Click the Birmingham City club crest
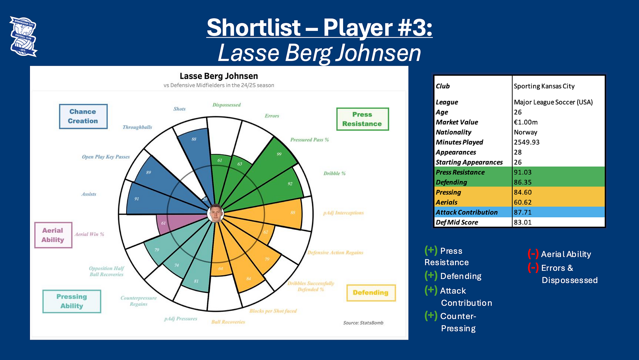(x=23, y=37)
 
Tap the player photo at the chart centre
(x=215, y=213)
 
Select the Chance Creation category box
(x=83, y=116)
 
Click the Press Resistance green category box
(x=362, y=119)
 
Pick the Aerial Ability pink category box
(x=53, y=235)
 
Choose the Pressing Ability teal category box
(x=72, y=301)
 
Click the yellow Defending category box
(x=371, y=293)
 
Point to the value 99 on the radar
(x=279, y=154)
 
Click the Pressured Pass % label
(x=310, y=140)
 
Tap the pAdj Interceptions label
(x=343, y=213)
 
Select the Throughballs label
(x=137, y=127)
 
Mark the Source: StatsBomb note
(x=363, y=323)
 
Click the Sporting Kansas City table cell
(x=544, y=86)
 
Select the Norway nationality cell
(x=526, y=132)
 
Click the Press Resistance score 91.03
(x=523, y=172)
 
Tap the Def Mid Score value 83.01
(x=523, y=222)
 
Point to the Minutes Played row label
(x=459, y=142)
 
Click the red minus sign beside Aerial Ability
(x=533, y=254)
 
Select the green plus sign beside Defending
(x=431, y=276)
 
